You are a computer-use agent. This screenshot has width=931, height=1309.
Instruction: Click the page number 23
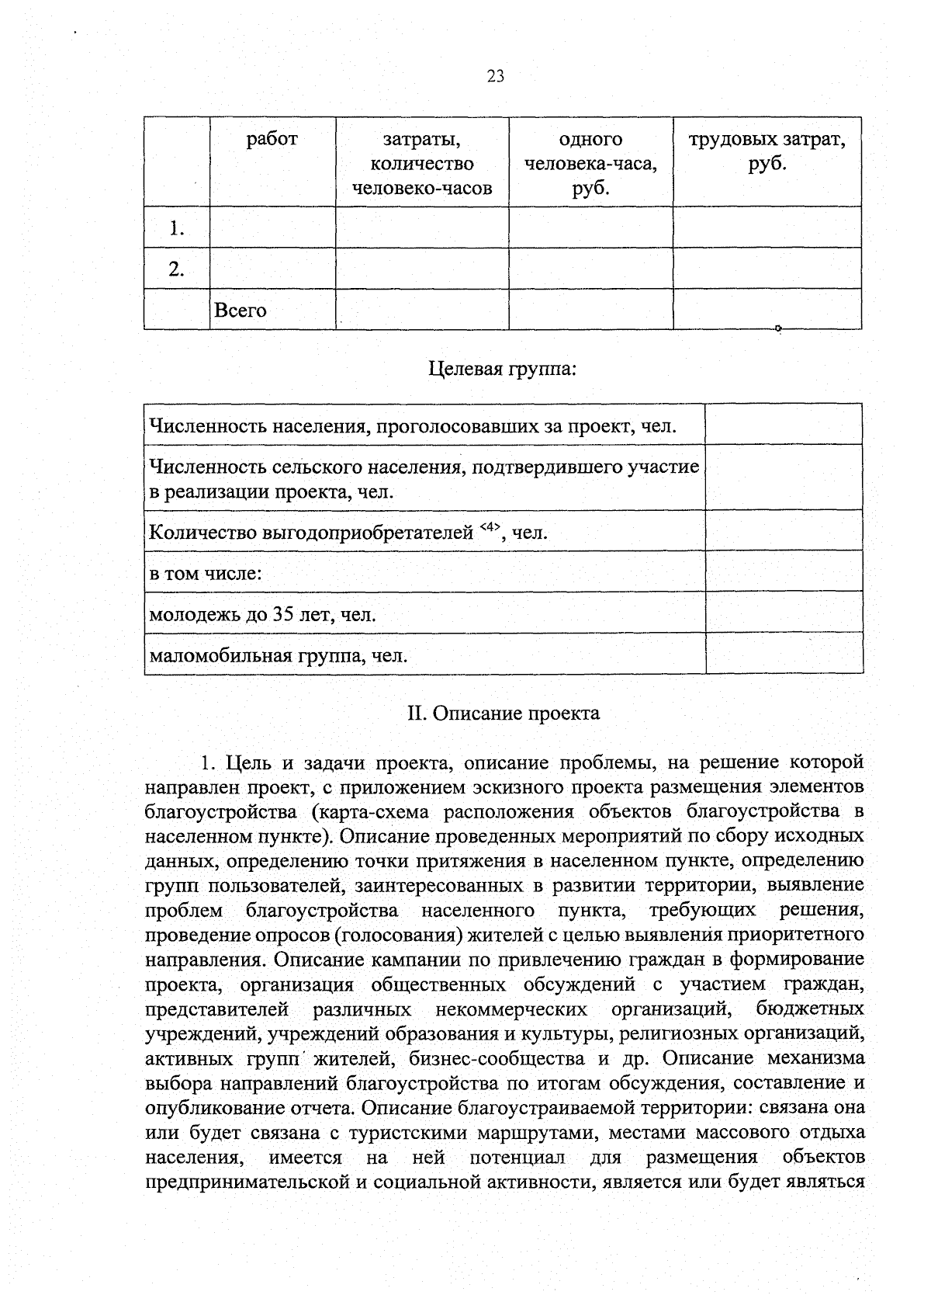[496, 75]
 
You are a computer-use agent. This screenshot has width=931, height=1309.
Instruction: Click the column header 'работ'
[272, 140]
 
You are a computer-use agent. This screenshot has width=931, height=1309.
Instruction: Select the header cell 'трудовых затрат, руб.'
[767, 152]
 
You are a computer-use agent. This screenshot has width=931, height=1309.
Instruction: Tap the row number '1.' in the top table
[177, 228]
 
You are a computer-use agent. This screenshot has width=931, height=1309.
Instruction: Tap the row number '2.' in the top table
[177, 269]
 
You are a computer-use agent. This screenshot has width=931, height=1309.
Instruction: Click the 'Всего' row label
[241, 311]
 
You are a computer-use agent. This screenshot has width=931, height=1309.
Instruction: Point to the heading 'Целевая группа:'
[502, 368]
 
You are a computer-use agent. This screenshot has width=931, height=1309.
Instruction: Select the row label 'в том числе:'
[205, 574]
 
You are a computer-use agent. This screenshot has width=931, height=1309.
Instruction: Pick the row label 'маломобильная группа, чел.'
[278, 657]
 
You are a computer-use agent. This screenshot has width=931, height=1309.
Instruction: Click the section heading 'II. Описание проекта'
[504, 713]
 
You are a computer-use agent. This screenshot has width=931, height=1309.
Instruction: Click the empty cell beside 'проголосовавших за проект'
[784, 424]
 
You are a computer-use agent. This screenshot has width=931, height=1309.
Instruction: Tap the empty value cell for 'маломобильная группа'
[784, 653]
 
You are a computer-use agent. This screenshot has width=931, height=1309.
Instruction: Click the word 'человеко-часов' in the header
[422, 189]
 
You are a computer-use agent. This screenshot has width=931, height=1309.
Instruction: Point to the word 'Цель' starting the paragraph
[243, 762]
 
